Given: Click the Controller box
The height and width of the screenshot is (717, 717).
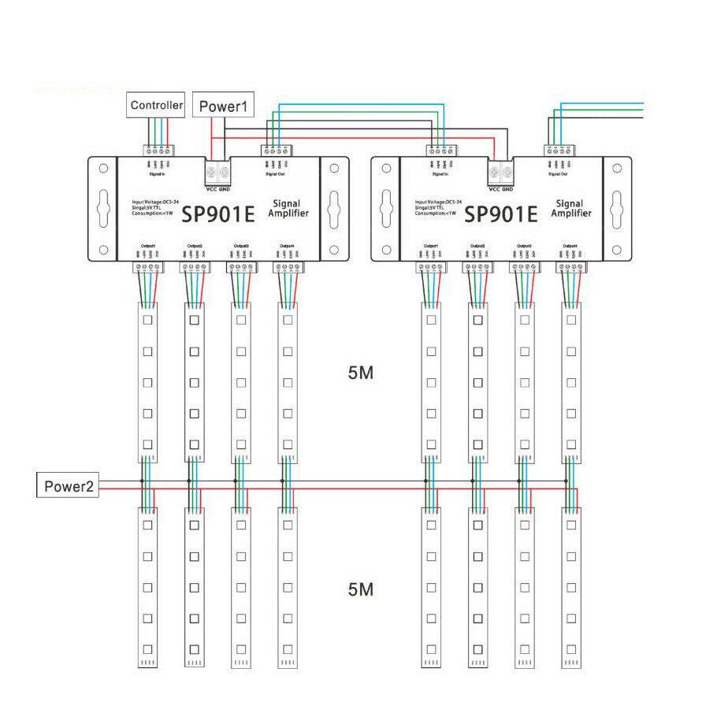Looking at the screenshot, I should point(157,105).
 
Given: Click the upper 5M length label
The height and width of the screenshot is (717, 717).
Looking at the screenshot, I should point(359,373).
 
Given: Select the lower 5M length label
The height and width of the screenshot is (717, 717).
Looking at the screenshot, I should point(359,589).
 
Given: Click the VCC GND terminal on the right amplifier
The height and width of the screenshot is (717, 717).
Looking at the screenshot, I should point(501,171).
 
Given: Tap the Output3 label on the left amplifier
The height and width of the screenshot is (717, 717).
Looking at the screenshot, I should point(241,247).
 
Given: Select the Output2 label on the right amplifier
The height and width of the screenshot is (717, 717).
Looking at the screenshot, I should point(477,247).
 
